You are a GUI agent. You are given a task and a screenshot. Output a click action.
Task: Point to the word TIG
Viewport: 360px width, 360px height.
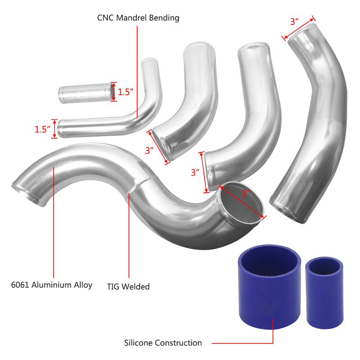click(x=114, y=286)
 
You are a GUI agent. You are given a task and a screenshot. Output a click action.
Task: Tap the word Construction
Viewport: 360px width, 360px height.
click(x=179, y=343)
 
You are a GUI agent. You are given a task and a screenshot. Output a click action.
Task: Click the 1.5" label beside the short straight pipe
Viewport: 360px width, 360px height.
click(x=126, y=92)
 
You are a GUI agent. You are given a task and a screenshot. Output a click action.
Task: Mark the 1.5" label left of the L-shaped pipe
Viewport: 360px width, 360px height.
click(x=43, y=129)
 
